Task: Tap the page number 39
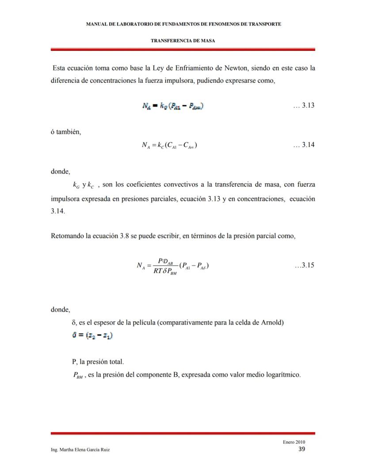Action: (x=301, y=449)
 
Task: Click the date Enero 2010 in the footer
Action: (x=294, y=442)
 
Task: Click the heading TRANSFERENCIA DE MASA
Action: (x=183, y=40)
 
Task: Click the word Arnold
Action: (x=273, y=322)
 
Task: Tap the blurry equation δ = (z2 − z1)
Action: (x=92, y=336)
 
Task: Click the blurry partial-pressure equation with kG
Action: (x=173, y=106)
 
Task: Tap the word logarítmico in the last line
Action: (x=285, y=374)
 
